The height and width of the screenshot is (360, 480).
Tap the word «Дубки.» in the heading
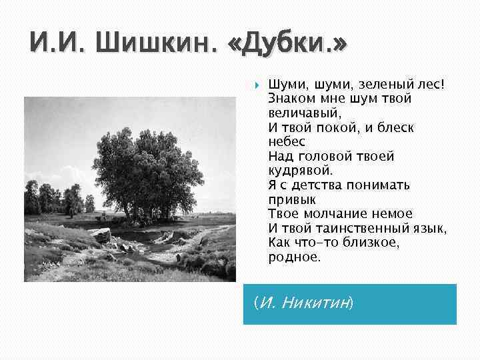pos(288,47)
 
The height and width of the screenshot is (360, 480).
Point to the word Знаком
pos(291,99)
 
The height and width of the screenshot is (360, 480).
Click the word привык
pos(292,199)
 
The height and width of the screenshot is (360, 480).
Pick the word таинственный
pos(361,227)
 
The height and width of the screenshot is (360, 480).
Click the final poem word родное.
pos(294,256)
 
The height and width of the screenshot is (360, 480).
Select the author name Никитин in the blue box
pos(315,303)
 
